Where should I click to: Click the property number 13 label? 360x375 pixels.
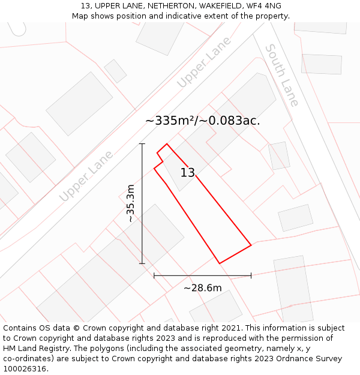187,173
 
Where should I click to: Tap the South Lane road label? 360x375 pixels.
282,75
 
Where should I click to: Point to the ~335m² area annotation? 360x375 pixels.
202,121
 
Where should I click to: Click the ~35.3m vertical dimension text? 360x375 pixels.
130,204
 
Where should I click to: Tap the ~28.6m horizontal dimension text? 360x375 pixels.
202,288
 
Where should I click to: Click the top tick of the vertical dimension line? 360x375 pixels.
142,144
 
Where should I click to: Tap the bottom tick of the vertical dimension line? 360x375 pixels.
142,263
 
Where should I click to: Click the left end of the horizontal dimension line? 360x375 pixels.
154,276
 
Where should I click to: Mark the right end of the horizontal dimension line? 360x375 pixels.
251,276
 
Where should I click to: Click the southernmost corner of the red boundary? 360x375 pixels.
220,263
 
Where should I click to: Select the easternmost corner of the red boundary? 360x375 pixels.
251,244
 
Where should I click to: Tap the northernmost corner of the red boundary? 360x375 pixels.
167,144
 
